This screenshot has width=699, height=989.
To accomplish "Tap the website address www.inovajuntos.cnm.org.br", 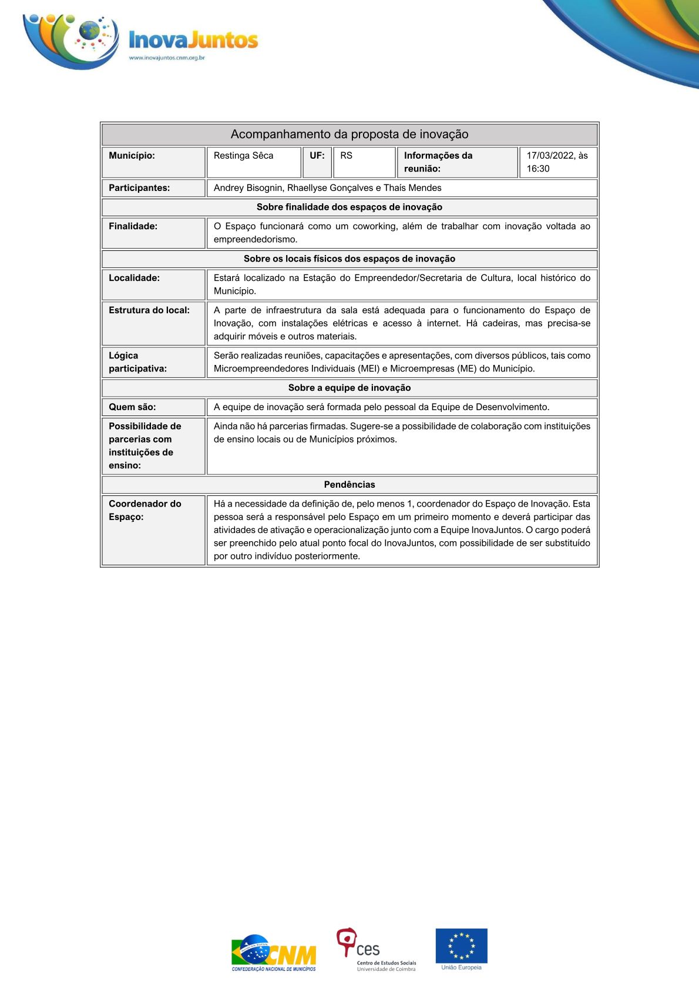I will tap(167, 58).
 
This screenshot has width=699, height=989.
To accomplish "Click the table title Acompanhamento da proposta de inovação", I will tap(349, 134).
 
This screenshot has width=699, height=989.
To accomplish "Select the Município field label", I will tap(132, 156).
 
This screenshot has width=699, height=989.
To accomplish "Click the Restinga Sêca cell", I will tap(243, 156).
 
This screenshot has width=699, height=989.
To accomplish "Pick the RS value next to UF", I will tap(346, 156).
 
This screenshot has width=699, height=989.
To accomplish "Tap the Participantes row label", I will tap(139, 188).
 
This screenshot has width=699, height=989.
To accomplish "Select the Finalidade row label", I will tap(133, 226).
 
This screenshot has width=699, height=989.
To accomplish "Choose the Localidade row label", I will tap(134, 278).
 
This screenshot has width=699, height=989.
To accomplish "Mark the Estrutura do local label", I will tap(149, 310).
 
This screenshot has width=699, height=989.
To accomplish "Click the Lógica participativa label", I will tap(137, 362).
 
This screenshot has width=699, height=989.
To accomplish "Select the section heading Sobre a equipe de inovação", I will tap(349, 388).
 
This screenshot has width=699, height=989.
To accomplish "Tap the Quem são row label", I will tap(132, 407).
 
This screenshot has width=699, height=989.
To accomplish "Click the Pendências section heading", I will tap(349, 484).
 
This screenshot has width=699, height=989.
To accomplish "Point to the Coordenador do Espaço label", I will tap(144, 510).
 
